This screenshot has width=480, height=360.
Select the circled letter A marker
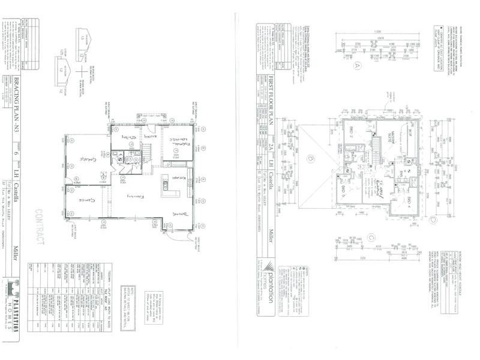coord(359,65)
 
